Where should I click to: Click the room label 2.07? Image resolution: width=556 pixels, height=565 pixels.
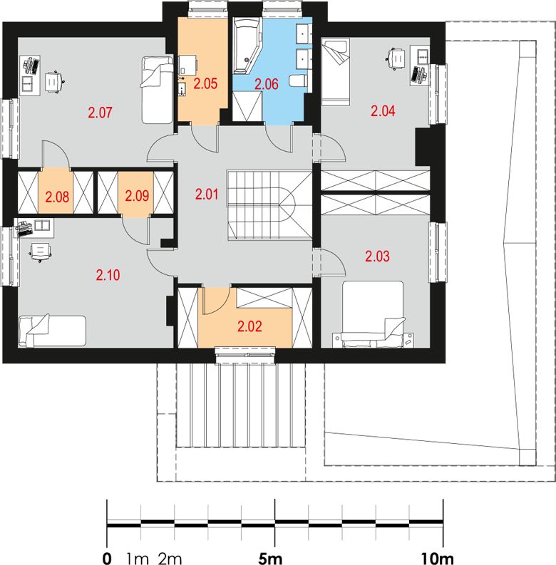coord(101,113)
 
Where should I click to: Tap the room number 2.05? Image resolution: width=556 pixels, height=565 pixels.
coord(205,83)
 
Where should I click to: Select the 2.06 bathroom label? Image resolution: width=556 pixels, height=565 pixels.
coord(267,84)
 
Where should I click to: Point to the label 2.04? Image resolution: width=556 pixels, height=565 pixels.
coord(383,110)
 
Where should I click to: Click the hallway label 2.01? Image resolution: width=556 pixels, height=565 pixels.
coord(207,195)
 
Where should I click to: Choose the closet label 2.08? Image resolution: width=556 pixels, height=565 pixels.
coord(57,197)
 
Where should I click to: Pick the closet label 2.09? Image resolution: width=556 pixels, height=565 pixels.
coord(137,196)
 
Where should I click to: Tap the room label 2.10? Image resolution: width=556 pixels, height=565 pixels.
coord(108,275)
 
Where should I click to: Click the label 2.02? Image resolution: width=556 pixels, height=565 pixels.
coord(249,326)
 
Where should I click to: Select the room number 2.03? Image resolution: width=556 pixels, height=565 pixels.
coord(378,256)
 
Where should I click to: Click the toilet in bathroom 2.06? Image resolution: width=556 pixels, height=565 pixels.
coord(299,81)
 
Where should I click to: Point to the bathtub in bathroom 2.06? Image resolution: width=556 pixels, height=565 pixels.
coord(246,46)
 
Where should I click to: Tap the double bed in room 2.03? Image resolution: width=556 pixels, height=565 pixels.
coord(373,314)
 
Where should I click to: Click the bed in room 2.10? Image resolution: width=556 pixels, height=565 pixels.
coord(52,331)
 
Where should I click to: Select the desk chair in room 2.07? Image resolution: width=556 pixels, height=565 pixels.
coord(54,82)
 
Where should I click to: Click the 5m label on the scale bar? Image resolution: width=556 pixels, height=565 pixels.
coord(270,559)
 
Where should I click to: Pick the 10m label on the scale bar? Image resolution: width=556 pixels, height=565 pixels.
coord(438,559)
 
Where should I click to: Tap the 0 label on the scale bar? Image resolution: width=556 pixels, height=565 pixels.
coord(107,559)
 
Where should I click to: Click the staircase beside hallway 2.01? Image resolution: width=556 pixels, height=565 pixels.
coord(269,205)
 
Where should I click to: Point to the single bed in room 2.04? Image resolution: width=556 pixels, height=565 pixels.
coord(336,72)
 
